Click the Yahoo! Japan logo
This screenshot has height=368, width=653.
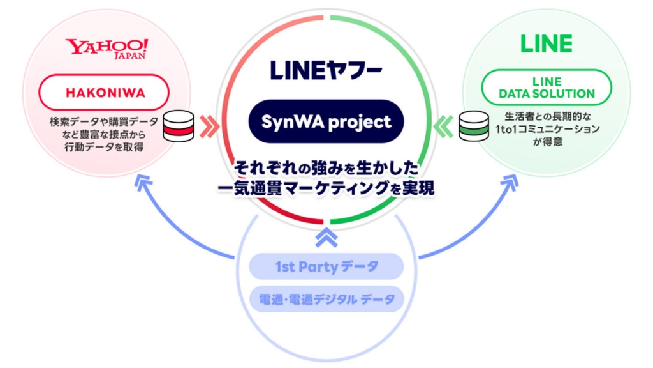[x=106, y=49]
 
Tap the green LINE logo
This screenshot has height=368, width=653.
[x=547, y=44]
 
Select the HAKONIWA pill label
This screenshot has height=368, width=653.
[x=104, y=93]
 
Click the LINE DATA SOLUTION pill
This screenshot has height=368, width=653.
[x=547, y=88]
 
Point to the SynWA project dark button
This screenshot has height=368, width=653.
[x=326, y=121]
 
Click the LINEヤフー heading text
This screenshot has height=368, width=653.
[x=326, y=70]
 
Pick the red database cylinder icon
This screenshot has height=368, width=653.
[x=179, y=126]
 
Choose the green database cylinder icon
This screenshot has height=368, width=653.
[x=474, y=126]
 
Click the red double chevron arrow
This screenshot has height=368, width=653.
[x=209, y=126]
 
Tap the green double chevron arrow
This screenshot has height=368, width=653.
[x=443, y=126]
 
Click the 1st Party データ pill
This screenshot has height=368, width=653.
[x=326, y=266]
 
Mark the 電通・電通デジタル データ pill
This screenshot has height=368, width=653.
[x=326, y=299]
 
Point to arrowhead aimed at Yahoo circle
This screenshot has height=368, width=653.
[x=143, y=182]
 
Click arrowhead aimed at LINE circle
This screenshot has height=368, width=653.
[x=511, y=182]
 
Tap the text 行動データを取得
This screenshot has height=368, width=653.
[x=104, y=148]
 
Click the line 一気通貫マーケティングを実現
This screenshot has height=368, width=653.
[x=326, y=188]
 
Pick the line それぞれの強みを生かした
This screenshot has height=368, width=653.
[x=326, y=168]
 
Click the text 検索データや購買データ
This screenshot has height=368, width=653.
[x=104, y=122]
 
